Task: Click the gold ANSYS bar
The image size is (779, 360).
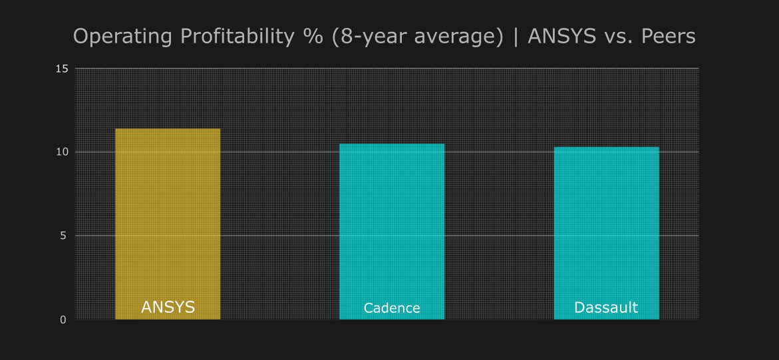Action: tap(168, 213)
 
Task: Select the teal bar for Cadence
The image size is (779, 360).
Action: tap(392, 220)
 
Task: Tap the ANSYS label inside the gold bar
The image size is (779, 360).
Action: tap(168, 307)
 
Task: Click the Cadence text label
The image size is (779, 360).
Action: tap(392, 308)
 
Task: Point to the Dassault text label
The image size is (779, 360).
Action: tap(606, 307)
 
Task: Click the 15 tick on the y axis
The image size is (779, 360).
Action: tap(62, 69)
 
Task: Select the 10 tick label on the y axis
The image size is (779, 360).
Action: tap(62, 152)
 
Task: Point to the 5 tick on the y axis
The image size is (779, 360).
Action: tap(64, 236)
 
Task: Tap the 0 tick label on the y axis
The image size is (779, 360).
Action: tap(64, 319)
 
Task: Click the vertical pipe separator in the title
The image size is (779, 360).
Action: tap(516, 37)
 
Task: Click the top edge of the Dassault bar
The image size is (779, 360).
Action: tap(606, 147)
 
